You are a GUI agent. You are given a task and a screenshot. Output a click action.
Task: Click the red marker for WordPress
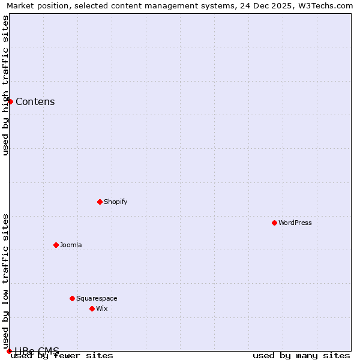tap(274, 223)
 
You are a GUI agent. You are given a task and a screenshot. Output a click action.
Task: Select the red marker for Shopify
tap(100, 202)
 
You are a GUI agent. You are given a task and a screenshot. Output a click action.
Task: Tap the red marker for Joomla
tap(56, 245)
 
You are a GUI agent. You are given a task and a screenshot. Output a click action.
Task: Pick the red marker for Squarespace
tap(72, 298)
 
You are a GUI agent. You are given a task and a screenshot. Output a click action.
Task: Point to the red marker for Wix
tap(92, 308)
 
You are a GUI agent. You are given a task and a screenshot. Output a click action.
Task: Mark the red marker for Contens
tap(10, 101)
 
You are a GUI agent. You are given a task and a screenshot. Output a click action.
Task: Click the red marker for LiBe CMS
tap(9, 351)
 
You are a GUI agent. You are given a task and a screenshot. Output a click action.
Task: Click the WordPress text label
tap(295, 223)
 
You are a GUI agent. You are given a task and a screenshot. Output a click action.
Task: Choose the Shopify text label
tap(116, 202)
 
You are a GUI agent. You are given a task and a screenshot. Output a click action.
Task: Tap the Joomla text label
tap(71, 245)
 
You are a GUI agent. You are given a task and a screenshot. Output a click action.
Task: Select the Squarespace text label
tap(97, 298)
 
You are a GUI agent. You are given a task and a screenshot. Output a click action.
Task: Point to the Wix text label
tap(102, 308)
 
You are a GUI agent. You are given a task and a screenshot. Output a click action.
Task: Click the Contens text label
tap(35, 101)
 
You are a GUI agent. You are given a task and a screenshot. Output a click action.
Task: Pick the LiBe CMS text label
tap(37, 351)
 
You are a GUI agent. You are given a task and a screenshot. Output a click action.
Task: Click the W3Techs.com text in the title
tap(324, 5)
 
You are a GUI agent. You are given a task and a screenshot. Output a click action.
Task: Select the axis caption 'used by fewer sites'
tap(62, 356)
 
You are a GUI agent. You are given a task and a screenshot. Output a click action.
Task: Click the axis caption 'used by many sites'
tap(301, 356)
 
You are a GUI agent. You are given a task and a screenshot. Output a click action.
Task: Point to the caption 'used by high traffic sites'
tap(5, 85)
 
